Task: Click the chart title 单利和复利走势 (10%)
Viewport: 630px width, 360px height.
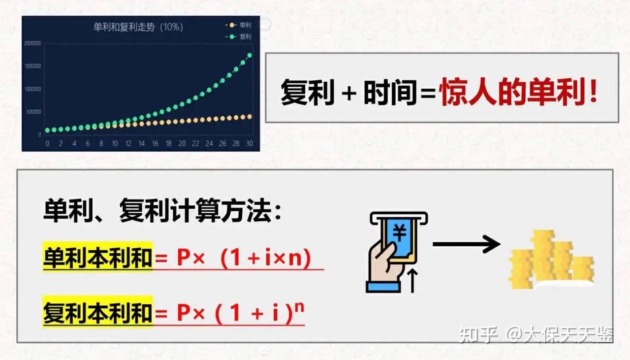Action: point(138,27)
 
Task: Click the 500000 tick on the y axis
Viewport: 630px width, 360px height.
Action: point(33,112)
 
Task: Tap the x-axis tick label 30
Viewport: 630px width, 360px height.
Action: point(250,144)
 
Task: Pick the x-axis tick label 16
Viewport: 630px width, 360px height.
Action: point(155,144)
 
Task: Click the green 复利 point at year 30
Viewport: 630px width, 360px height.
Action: point(249,55)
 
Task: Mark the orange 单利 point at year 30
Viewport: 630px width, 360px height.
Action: point(249,117)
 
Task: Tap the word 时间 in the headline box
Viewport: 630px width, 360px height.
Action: point(390,92)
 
